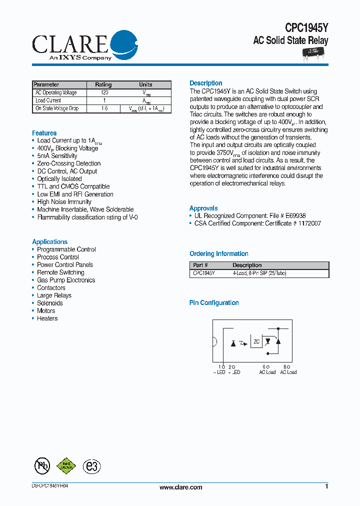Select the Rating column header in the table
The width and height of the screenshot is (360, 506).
[103, 84]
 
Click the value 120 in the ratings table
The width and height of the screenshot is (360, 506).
[104, 92]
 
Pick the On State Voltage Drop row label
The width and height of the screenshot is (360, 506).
[56, 108]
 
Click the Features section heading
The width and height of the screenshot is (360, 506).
[44, 133]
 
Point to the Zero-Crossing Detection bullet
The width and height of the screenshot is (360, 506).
[68, 163]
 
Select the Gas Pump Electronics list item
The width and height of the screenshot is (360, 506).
[66, 280]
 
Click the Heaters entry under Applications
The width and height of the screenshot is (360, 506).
[47, 318]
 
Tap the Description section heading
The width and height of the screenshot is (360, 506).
[206, 83]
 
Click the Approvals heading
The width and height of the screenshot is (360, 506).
[203, 208]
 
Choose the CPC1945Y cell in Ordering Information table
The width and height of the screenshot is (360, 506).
[204, 273]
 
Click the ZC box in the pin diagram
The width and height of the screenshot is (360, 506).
[256, 341]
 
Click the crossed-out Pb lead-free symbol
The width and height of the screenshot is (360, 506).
[42, 466]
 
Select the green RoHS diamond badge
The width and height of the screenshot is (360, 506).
[66, 466]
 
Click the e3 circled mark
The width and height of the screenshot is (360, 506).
[91, 466]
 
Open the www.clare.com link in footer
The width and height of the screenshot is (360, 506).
[180, 487]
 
